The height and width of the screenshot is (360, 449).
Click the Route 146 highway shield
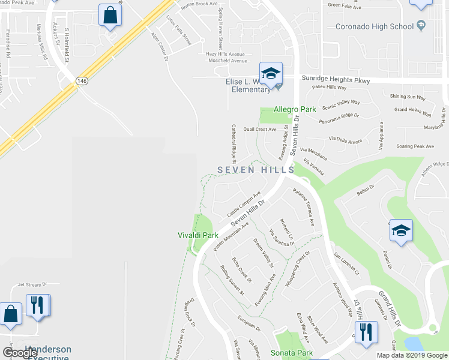[80, 80]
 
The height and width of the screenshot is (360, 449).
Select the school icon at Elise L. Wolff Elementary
[271, 74]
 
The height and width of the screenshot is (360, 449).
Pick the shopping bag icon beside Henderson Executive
[10, 314]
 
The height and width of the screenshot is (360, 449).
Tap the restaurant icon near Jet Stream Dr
[38, 305]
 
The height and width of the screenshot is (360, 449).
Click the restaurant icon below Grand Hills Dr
[366, 331]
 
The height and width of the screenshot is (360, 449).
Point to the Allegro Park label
[295, 109]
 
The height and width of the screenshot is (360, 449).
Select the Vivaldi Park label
[198, 235]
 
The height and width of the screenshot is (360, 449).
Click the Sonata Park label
[291, 353]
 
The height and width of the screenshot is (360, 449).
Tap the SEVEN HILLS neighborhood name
[256, 170]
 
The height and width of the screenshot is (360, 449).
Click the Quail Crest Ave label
[259, 129]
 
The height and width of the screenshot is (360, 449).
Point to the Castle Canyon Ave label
[244, 205]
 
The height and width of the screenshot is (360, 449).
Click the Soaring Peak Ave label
[414, 146]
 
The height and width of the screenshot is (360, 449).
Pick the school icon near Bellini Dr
[400, 231]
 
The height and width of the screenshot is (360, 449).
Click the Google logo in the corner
[20, 353]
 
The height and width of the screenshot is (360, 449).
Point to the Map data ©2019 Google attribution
[412, 355]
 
